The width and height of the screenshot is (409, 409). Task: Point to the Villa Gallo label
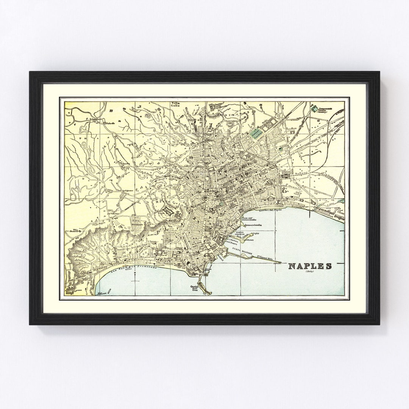tap(175, 105)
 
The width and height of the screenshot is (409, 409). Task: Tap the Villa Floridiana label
tap(137, 222)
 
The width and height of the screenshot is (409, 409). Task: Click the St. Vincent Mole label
tap(264, 258)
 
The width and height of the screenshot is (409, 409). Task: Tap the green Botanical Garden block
tap(257, 133)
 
